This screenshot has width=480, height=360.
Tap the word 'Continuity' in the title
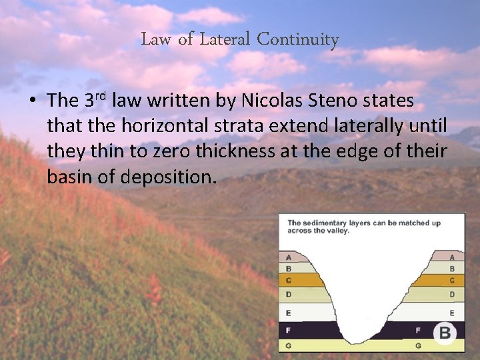298,39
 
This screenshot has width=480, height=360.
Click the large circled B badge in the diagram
444,332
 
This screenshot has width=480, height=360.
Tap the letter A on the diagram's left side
288,257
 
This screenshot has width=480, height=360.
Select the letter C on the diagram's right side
452,281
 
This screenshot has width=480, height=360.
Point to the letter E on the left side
288,312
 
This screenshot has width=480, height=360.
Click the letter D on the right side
452,294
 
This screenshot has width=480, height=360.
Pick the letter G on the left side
288,346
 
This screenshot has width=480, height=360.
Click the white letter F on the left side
288,330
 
